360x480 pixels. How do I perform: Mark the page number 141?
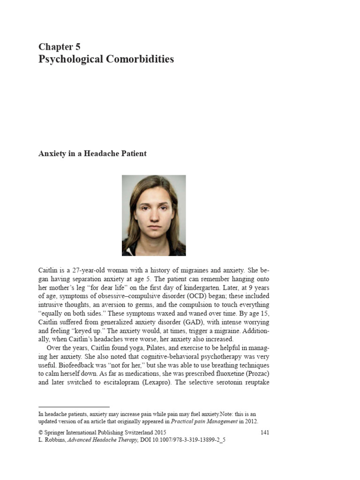pyautogui.click(x=265, y=432)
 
